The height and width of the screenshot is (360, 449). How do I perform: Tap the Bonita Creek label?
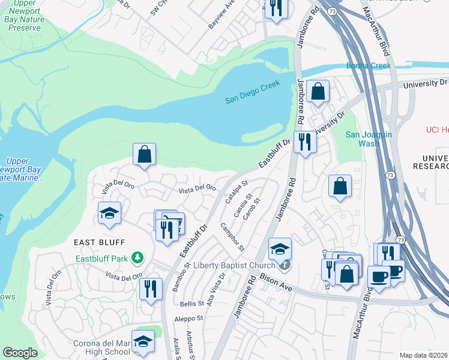(x=368, y=65)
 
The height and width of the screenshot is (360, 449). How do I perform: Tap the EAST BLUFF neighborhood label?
(x=99, y=242)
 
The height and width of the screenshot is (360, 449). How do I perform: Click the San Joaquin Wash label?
(x=369, y=139)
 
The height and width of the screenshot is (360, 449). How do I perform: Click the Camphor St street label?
(x=232, y=237)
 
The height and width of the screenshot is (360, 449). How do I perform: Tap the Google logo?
(x=20, y=353)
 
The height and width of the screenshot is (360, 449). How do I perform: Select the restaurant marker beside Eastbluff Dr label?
(x=305, y=142)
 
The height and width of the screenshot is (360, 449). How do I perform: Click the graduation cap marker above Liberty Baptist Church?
(x=280, y=248)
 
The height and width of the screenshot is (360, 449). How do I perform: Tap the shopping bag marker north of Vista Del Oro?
(x=145, y=154)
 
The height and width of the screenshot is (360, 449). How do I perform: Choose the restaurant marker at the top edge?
(x=276, y=8)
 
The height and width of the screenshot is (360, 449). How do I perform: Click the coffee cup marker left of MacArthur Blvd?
(x=379, y=276)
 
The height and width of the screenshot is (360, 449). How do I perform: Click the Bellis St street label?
(x=192, y=304)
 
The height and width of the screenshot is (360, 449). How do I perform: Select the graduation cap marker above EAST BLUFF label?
(x=110, y=213)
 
